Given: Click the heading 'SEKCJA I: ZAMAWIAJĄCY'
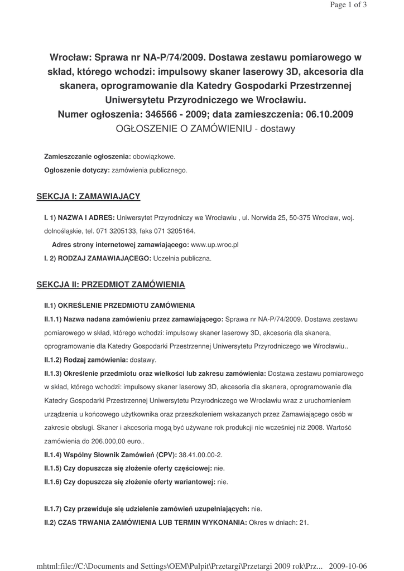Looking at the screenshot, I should [x=88, y=196].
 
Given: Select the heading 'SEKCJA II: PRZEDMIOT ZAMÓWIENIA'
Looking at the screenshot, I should [x=110, y=285].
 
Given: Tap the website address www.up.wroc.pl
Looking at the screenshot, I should [x=215, y=245].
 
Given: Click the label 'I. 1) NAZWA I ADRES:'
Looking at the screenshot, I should [x=79, y=217].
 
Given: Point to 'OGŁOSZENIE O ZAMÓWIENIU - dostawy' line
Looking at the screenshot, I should [x=204, y=129].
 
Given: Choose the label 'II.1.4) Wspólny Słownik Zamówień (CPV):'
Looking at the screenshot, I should [x=110, y=455].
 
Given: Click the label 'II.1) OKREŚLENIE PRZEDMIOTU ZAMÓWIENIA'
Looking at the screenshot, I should [x=119, y=306].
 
